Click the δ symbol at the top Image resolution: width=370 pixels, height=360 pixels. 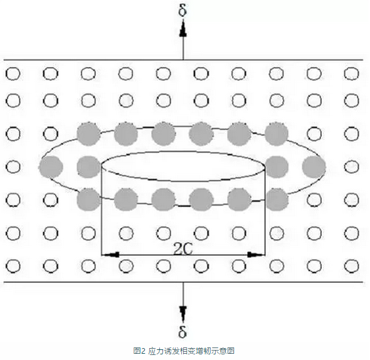click(182, 10)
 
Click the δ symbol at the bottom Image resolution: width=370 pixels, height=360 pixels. click(182, 331)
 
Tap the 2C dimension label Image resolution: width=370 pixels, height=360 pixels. click(183, 248)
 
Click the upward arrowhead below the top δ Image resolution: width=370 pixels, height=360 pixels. click(183, 31)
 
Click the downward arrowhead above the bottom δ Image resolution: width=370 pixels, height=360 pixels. click(183, 312)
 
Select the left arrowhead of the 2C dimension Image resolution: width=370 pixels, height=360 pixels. click(110, 255)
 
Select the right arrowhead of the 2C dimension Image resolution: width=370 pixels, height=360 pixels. click(256, 255)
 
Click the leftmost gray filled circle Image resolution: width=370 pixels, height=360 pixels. click(51, 167)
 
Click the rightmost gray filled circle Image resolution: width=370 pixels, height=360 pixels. click(314, 167)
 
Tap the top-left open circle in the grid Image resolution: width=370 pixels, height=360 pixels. click(13, 73)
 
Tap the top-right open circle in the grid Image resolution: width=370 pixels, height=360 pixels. click(352, 73)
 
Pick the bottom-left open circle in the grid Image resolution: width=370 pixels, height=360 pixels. click(13, 266)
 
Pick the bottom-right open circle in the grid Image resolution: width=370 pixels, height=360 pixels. click(352, 266)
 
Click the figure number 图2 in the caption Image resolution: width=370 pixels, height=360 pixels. click(139, 351)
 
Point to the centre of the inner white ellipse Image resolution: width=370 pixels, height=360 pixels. click(183, 166)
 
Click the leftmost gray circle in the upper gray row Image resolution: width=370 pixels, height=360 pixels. click(88, 134)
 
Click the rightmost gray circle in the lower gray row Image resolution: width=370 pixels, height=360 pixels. click(277, 199)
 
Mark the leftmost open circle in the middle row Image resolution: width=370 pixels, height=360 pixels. click(13, 167)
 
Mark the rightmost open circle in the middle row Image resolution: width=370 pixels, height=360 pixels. click(352, 167)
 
